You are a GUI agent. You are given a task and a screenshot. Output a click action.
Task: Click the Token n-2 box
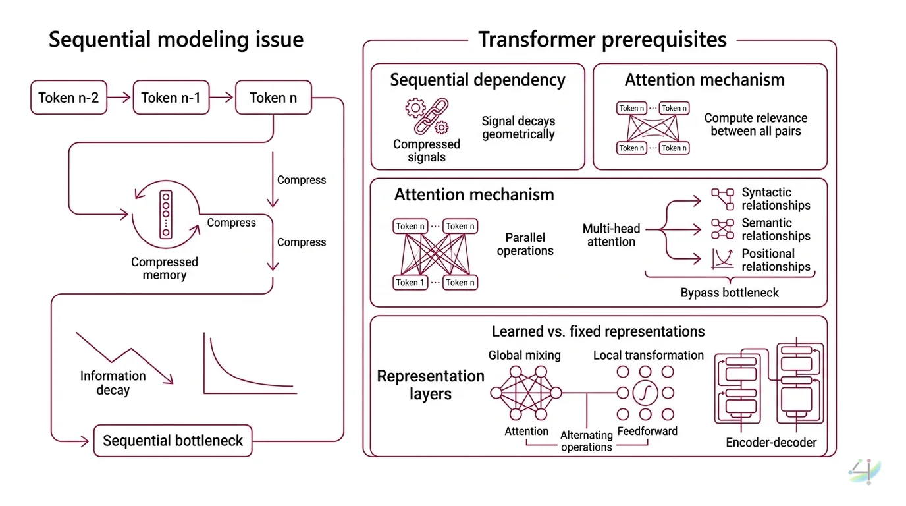point(68,98)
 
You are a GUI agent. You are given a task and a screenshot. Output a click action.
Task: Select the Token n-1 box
point(171,98)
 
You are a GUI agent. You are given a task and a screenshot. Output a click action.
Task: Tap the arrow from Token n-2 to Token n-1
point(120,98)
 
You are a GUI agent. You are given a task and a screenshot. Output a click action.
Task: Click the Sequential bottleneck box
point(173,441)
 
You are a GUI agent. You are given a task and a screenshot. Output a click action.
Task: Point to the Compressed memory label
point(164,268)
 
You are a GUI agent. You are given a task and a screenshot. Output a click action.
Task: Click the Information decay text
point(113,383)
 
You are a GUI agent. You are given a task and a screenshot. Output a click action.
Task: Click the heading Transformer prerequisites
point(602,40)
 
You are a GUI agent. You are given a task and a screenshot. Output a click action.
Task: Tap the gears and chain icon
point(427,117)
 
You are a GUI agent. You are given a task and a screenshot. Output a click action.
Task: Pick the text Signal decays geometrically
point(518,128)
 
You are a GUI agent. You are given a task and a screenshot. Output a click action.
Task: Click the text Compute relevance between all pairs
point(755,125)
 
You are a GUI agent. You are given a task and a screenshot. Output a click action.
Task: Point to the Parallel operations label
point(525,244)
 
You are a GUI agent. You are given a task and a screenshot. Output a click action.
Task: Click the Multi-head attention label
point(611,235)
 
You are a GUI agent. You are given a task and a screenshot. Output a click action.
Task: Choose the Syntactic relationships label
point(776,199)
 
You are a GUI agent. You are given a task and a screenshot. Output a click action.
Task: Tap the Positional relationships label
point(776,260)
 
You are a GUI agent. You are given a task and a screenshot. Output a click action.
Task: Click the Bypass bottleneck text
point(729,293)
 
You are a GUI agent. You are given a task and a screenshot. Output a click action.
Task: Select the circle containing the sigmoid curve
point(645,393)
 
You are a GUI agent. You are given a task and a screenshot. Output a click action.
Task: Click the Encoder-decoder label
point(771,443)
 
